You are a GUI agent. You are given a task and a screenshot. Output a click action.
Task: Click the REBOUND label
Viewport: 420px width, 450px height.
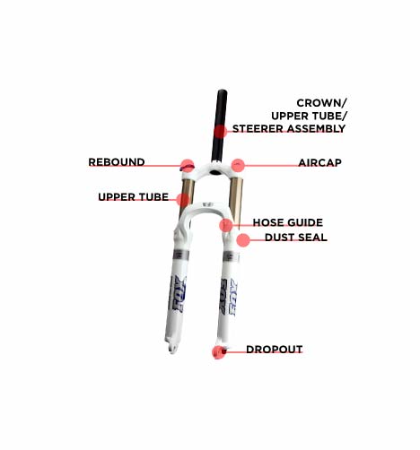tap(117, 162)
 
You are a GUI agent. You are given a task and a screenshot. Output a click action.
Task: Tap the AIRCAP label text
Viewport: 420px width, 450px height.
tap(319, 163)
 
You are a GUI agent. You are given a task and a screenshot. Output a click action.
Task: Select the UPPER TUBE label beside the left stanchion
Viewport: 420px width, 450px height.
tap(134, 197)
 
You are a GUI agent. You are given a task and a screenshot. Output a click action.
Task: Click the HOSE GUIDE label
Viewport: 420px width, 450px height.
tap(288, 222)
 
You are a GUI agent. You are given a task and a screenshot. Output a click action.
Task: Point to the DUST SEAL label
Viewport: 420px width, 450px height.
tap(296, 238)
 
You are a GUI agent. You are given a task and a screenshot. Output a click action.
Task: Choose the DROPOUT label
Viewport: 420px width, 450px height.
tap(275, 350)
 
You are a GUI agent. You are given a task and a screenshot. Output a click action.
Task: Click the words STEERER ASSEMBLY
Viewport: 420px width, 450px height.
tap(289, 129)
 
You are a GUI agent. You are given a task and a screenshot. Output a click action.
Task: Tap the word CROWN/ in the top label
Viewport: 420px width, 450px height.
tap(321, 103)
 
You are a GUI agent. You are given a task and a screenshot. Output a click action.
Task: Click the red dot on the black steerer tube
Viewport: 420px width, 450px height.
tap(221, 132)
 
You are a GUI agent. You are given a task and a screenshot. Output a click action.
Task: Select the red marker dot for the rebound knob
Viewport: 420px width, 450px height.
tap(188, 166)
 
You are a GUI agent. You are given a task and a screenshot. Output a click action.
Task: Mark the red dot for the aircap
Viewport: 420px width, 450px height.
tap(238, 165)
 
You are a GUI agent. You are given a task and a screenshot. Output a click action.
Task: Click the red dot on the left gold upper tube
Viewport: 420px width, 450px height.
tap(183, 200)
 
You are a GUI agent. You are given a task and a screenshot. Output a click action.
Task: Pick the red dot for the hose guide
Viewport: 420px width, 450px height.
tap(226, 225)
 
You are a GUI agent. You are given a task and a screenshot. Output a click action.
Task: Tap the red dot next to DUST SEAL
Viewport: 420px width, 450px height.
tap(243, 240)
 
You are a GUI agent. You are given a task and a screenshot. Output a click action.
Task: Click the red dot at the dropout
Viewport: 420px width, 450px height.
tap(219, 352)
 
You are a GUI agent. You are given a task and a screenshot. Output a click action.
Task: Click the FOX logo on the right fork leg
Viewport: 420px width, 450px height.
tap(229, 297)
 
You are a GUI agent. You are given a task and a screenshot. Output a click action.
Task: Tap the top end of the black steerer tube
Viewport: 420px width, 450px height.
tap(222, 91)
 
